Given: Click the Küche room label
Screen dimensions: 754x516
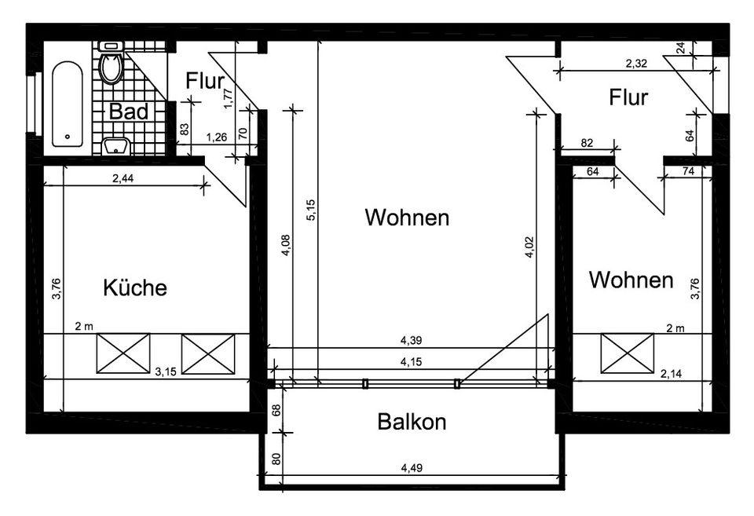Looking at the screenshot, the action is pos(135,287).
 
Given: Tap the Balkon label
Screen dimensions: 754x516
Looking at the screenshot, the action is pos(412,422).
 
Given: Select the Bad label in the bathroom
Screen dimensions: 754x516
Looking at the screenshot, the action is pos(128,112).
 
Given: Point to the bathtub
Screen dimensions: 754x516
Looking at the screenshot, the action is pos(68,104).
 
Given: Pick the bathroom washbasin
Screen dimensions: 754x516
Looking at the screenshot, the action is pos(116,146).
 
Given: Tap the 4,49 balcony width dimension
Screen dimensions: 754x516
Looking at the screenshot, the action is pos(412,467).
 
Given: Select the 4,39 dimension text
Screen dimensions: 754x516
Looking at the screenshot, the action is pos(411,341).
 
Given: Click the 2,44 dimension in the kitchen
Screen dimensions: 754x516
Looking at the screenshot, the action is pos(123,178).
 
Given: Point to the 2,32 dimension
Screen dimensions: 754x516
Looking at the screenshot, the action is pos(636,63).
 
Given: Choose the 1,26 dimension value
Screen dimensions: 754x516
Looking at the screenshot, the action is pos(217,137).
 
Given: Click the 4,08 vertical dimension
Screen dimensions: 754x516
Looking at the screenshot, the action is pos(286,245).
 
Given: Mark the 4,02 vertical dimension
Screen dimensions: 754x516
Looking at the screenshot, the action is pos(529,247).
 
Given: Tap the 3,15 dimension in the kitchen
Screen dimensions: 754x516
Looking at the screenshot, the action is pos(166,371).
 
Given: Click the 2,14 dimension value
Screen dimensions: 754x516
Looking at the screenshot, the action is pos(672,374).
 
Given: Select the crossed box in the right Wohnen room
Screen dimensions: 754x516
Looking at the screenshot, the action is pos(628,353).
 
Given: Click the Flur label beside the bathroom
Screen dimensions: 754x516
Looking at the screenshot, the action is pos(205,81).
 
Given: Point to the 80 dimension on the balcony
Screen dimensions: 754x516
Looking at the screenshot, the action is pos(276,459).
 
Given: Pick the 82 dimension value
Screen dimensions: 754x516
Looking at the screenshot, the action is pos(587,143).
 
